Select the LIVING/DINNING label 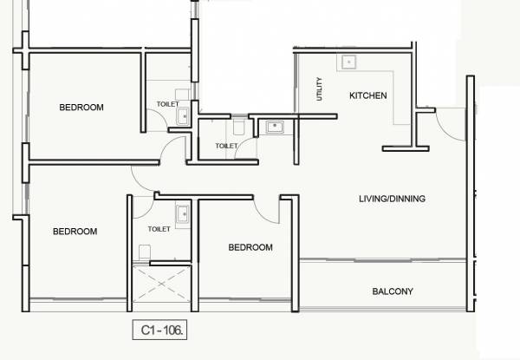tap(392, 199)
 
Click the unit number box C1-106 tap(159, 331)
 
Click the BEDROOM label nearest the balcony tap(250, 247)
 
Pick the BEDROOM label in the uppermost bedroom tap(81, 108)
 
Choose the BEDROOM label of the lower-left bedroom tap(75, 232)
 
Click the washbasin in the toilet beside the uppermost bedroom tap(183, 115)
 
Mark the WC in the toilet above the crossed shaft tap(145, 251)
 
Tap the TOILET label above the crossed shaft tap(159, 230)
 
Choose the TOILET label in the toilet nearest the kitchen tap(225, 147)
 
